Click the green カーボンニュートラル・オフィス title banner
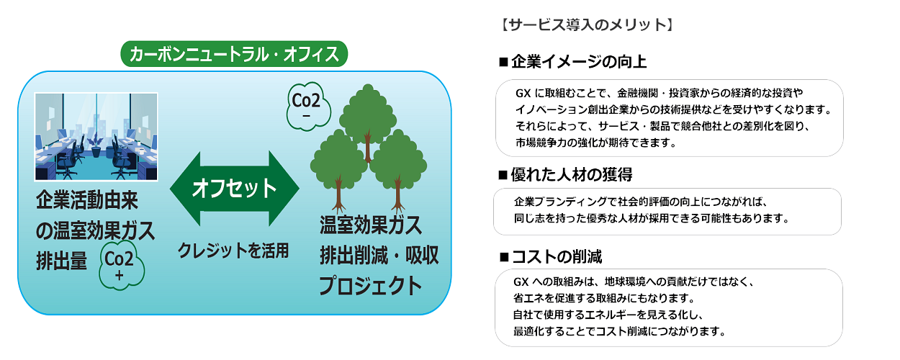pyautogui.click(x=235, y=53)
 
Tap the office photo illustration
pyautogui.click(x=96, y=136)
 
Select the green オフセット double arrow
pyautogui.click(x=234, y=189)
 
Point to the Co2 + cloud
pyautogui.click(x=121, y=264)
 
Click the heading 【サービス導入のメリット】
pyautogui.click(x=586, y=25)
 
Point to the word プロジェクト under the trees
pyautogui.click(x=371, y=286)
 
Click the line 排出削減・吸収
pyautogui.click(x=379, y=256)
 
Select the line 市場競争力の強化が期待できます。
pyautogui.click(x=595, y=143)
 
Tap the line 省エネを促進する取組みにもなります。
pyautogui.click(x=605, y=297)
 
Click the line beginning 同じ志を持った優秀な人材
pyautogui.click(x=652, y=218)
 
